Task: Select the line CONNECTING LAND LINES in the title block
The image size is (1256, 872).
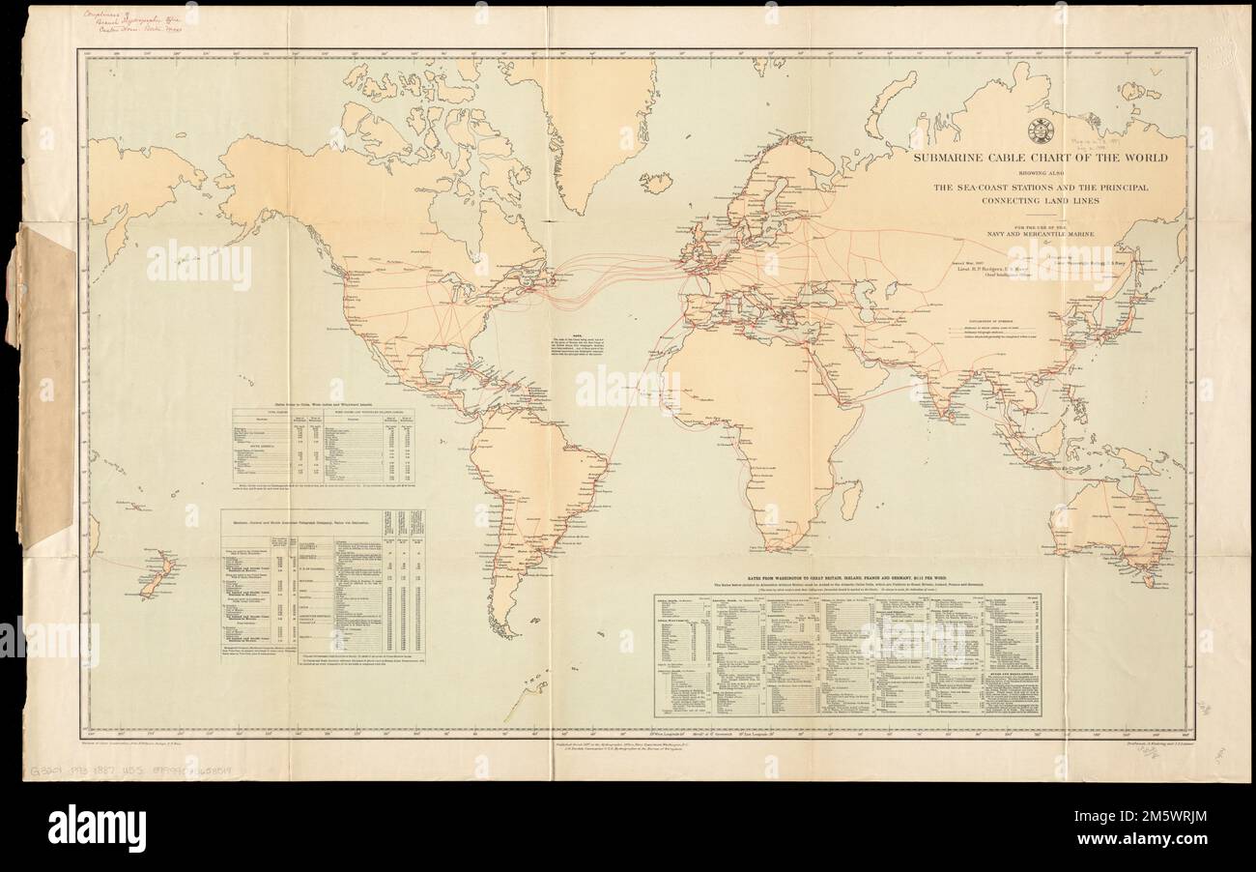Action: (x=1042, y=201)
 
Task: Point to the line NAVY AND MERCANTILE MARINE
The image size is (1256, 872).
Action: (x=1042, y=235)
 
